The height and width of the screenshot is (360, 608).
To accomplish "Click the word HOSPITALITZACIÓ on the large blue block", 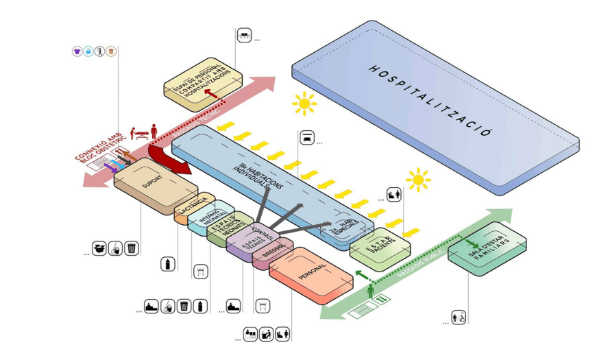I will click(x=430, y=100).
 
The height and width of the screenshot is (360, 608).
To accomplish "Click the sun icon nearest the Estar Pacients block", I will click(x=417, y=180).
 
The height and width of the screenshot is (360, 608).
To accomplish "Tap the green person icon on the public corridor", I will click(x=371, y=291).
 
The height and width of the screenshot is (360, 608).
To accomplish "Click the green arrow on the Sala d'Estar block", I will click(x=472, y=244).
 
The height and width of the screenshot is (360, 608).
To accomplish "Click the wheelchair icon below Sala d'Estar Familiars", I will click(x=459, y=317).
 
